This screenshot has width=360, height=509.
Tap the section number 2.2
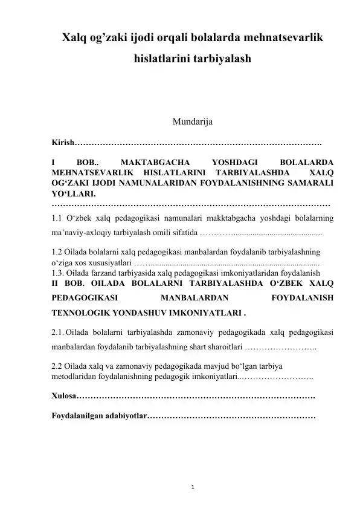(x=58, y=366)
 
